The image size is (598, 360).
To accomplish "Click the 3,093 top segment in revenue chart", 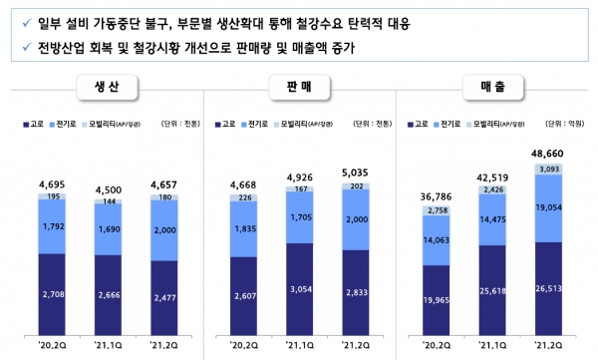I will pyautogui.click(x=547, y=171).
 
